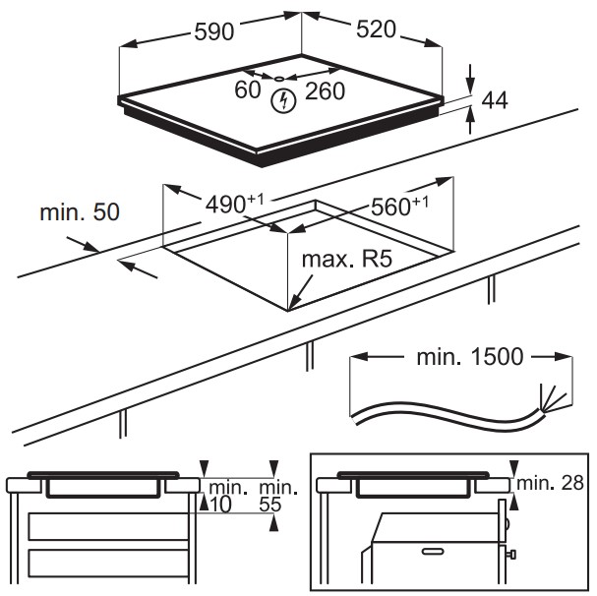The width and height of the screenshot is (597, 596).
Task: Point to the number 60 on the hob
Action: (248, 90)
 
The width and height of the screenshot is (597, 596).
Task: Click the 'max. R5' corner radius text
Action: (346, 261)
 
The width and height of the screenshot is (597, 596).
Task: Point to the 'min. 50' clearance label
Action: (78, 212)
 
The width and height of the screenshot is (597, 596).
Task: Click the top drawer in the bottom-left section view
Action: (108, 525)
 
